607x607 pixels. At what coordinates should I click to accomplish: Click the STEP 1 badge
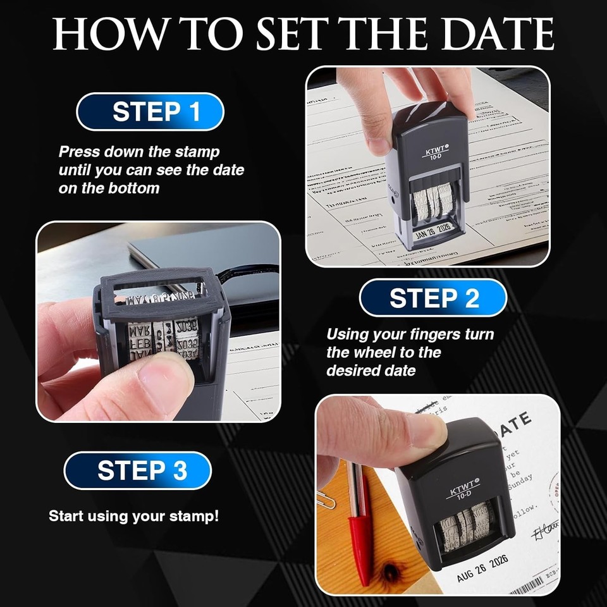(x=150, y=112)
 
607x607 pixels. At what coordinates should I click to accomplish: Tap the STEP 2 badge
(x=433, y=298)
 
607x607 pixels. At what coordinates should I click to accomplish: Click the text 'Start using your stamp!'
(x=134, y=516)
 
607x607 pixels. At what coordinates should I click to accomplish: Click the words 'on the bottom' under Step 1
(x=109, y=188)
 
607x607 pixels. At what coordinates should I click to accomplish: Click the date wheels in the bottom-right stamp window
(x=467, y=525)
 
